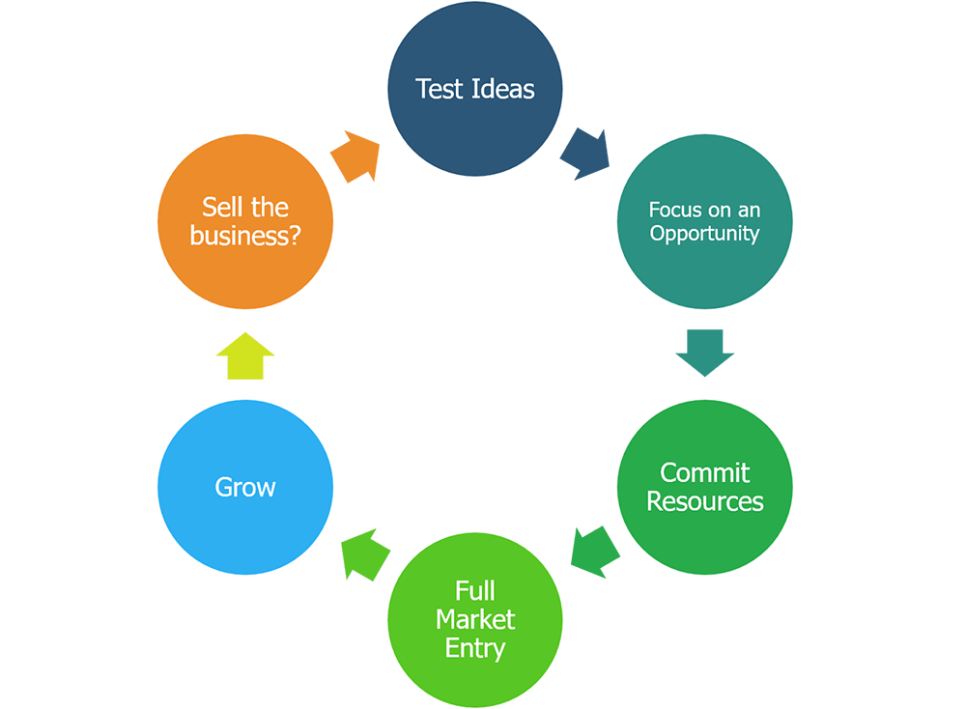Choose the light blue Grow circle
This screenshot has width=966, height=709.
245,488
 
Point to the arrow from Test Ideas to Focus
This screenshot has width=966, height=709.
586,154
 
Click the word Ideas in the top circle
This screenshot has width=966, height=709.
503,90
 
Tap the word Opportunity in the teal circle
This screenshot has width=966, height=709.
704,234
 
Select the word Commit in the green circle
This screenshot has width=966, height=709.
704,473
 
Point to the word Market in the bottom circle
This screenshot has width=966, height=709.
475,619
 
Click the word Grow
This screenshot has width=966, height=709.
245,488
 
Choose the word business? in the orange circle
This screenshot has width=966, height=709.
245,236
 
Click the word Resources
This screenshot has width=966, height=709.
704,502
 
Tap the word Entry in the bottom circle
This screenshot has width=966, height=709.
474,647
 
